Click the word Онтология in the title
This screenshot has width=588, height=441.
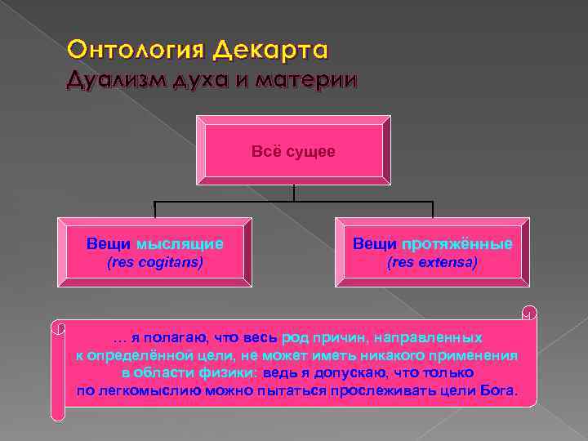[x=135, y=51]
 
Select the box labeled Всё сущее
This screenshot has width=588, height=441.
[x=293, y=152]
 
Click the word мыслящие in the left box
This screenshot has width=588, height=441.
[x=180, y=243]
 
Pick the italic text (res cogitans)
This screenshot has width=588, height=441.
[x=156, y=263]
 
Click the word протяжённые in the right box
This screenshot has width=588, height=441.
[x=457, y=243]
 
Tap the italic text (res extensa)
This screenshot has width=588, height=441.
[x=432, y=263]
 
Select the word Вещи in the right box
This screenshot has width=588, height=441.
[x=375, y=243]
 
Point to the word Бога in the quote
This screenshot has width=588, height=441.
[x=499, y=390]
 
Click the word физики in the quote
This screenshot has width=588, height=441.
[x=228, y=372]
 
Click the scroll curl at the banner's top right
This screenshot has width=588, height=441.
[x=528, y=311]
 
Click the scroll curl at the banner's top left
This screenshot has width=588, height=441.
[x=58, y=328]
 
